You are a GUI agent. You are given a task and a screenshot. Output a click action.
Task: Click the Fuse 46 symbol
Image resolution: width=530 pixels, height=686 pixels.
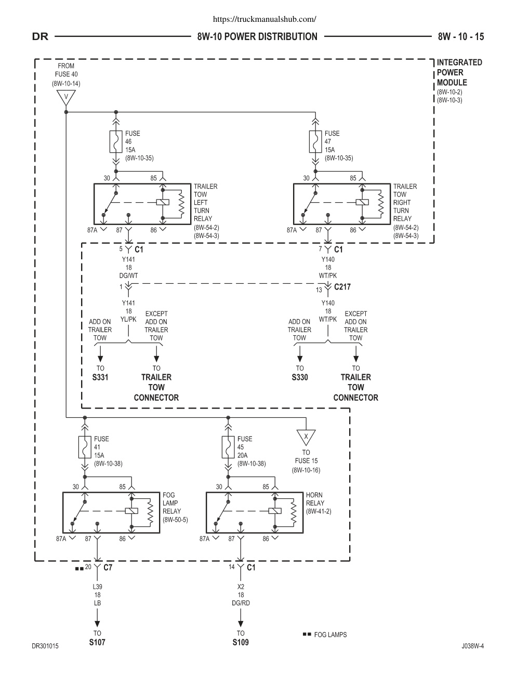click(x=116, y=142)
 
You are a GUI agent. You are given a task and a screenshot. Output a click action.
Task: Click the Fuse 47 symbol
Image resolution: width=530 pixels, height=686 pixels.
click(x=315, y=142)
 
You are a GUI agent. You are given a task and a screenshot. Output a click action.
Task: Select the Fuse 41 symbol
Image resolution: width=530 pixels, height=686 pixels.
click(x=85, y=447)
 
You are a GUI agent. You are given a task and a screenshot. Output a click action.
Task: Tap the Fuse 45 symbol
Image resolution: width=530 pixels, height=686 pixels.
click(x=228, y=447)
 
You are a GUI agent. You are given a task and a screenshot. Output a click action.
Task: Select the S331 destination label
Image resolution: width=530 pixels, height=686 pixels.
click(x=100, y=377)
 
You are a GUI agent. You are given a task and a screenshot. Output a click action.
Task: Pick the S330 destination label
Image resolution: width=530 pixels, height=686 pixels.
click(x=300, y=377)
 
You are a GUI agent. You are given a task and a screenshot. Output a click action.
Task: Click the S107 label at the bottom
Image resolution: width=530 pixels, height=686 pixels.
click(x=97, y=642)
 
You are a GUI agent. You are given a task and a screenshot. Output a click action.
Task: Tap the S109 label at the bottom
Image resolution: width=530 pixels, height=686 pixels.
click(x=241, y=642)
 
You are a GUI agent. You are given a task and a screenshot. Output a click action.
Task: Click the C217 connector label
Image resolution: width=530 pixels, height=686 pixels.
click(x=342, y=287)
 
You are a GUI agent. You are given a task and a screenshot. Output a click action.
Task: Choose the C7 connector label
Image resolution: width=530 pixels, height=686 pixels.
click(x=108, y=568)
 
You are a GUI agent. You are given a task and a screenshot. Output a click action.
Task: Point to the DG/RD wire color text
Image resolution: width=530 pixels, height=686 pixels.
click(x=241, y=603)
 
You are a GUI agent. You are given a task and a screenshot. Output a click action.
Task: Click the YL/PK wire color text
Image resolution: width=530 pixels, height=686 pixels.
click(x=128, y=319)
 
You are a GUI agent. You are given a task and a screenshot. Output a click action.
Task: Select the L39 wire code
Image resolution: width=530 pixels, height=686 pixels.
click(x=97, y=587)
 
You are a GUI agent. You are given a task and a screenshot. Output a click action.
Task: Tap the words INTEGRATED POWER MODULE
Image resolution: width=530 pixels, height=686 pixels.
click(x=459, y=73)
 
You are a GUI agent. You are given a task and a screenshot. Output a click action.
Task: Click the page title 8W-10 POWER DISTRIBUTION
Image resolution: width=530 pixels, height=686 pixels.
click(x=257, y=36)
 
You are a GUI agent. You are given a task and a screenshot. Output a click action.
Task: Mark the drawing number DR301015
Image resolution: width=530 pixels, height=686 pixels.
click(x=45, y=646)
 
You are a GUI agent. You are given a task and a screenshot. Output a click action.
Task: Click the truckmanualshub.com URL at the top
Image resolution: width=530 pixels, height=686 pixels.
click(x=264, y=19)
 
